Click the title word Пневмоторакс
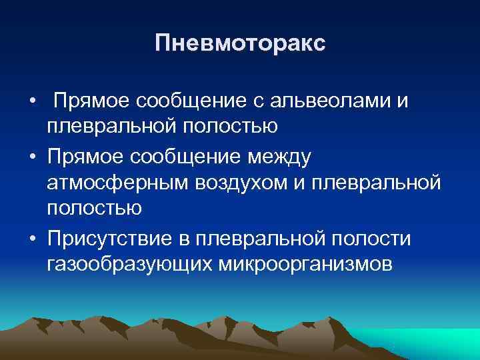(240, 44)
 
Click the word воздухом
(248, 182)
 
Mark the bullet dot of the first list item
(33, 101)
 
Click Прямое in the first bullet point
(91, 101)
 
